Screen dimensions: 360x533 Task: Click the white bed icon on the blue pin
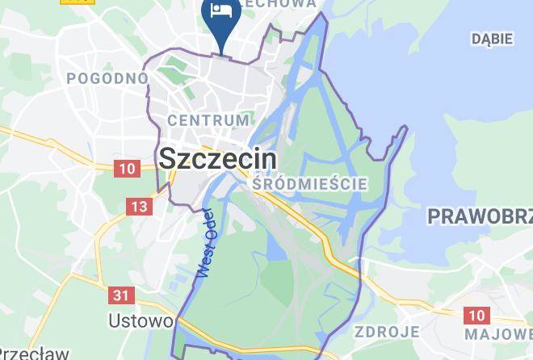(220, 11)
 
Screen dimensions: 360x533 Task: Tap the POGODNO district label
(107, 78)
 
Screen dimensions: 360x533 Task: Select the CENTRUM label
(208, 120)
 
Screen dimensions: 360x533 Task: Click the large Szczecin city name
(217, 158)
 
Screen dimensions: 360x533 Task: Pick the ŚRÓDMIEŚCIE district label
(309, 184)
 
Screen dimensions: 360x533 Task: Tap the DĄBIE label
(492, 38)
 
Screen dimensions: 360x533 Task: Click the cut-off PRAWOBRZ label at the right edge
(480, 216)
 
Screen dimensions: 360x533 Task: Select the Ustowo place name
(141, 320)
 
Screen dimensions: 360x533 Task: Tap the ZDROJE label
(386, 332)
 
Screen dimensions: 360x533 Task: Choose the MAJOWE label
(498, 333)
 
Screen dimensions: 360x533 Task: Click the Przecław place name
(22, 353)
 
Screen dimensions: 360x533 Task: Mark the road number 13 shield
(139, 207)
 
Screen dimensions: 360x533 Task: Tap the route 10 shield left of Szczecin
(127, 169)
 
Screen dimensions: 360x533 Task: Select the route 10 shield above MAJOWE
(476, 315)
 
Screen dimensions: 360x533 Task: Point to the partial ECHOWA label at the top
(283, 4)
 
